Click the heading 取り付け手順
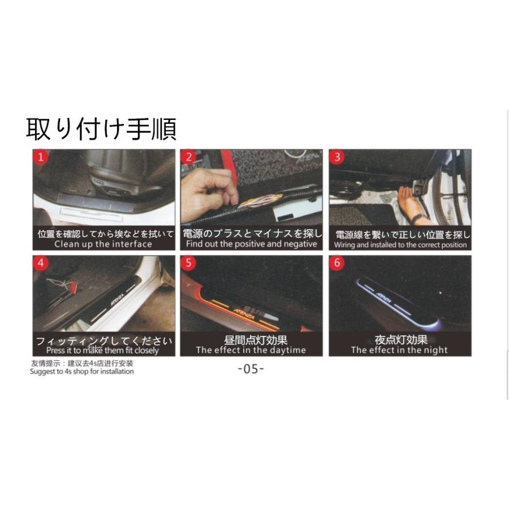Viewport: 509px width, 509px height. [101, 129]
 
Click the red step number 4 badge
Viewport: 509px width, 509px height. [40, 263]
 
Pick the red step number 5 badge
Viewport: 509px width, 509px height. [189, 263]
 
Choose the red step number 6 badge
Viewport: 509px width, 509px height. [338, 263]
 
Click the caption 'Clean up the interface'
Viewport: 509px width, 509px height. [103, 244]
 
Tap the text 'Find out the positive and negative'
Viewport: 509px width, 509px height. [252, 244]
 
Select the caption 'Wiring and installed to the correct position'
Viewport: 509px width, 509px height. [400, 245]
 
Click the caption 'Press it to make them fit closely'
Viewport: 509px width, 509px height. [103, 350]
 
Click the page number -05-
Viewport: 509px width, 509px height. [251, 369]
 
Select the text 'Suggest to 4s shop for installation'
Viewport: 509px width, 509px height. [82, 372]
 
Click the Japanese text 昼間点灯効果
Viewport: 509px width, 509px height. [252, 340]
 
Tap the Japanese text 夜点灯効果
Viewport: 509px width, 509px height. [401, 340]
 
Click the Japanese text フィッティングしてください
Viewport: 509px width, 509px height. [103, 341]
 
